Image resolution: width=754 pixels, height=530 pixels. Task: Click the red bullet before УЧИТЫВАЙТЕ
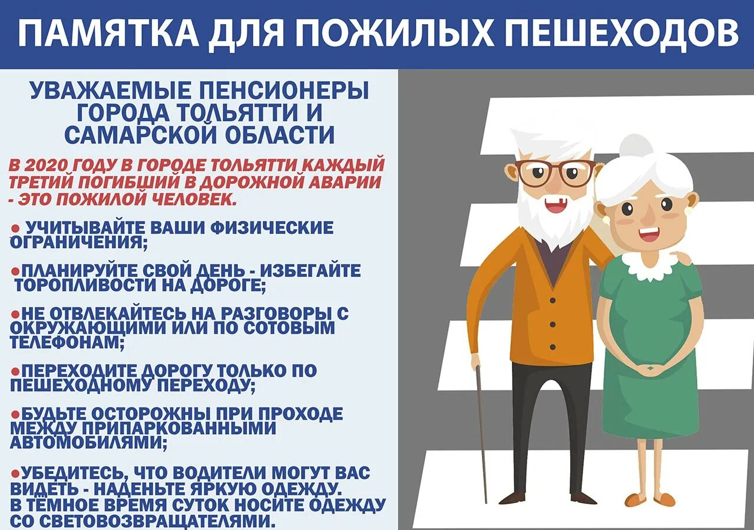pyautogui.click(x=16, y=228)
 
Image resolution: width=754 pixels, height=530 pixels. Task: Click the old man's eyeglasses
pyautogui.click(x=555, y=173)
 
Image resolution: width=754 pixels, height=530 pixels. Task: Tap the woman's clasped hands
pyautogui.click(x=647, y=370)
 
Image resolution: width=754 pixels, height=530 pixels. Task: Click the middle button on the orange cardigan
pyautogui.click(x=553, y=323)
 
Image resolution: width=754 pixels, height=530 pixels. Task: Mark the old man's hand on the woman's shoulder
pyautogui.click(x=683, y=257)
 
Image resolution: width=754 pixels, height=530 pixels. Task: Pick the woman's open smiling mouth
pyautogui.click(x=649, y=234)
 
